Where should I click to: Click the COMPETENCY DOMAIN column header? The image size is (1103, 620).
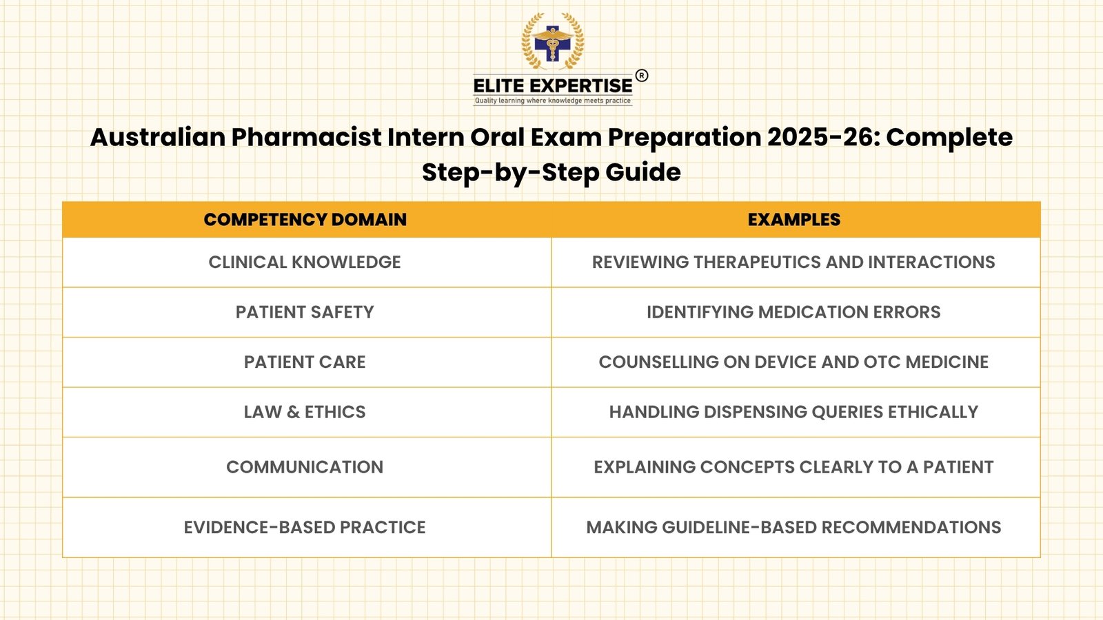tap(305, 220)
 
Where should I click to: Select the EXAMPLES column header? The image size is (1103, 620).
tap(793, 220)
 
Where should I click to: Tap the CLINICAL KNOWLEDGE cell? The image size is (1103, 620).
tap(305, 262)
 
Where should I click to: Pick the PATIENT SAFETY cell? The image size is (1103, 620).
tap(305, 312)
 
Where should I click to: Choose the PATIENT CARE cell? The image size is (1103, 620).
tap(305, 362)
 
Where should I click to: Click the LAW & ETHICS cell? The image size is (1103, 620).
tap(305, 412)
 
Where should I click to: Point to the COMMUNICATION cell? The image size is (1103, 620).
tap(305, 467)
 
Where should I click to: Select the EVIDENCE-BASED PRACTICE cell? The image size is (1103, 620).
tap(305, 528)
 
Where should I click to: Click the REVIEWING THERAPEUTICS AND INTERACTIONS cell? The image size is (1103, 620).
tap(793, 262)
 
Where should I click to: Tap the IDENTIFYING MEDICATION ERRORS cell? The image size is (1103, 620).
tap(793, 312)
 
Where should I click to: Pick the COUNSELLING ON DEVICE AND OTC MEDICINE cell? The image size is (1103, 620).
tap(793, 362)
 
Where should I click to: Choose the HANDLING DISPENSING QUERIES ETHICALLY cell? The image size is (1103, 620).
tap(793, 412)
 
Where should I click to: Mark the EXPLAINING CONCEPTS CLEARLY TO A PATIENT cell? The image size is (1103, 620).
tap(793, 467)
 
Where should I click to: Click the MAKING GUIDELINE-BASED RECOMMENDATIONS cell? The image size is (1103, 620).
tap(793, 528)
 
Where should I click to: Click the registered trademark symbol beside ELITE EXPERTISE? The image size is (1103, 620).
tap(641, 76)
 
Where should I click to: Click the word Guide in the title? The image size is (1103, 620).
tap(643, 172)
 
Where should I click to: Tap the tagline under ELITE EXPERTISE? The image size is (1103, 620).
tap(552, 101)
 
